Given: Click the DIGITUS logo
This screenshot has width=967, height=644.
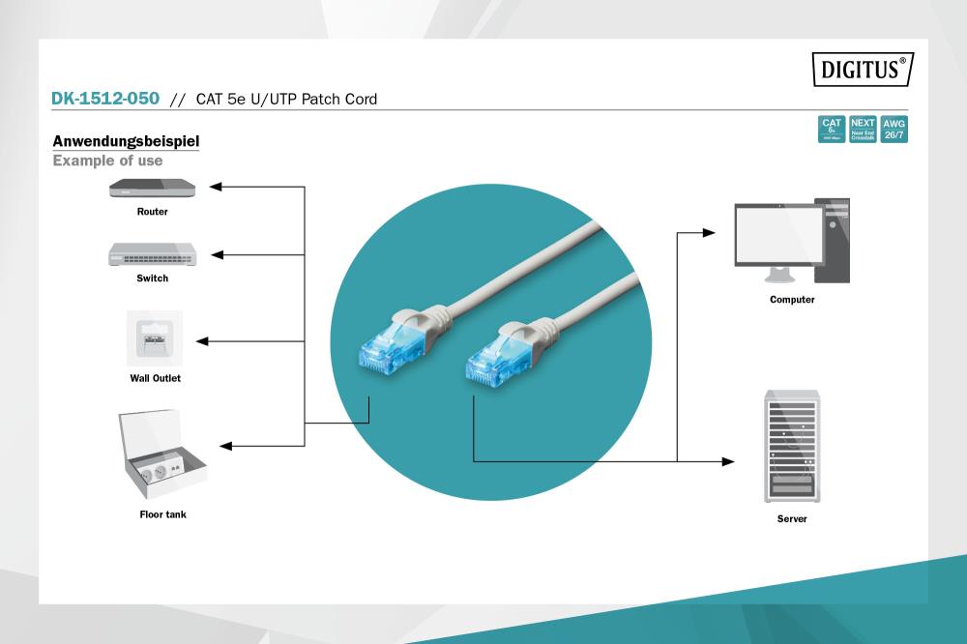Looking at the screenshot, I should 863,70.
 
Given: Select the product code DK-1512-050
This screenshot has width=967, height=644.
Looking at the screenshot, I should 106,99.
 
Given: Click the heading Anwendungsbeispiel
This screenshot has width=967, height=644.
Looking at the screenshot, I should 126,141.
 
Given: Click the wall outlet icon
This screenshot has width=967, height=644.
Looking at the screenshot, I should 155,338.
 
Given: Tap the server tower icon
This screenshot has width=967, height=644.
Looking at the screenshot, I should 792,446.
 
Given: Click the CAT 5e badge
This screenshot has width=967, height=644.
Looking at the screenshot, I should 832,130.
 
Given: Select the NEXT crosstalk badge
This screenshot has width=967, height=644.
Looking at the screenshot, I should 863,130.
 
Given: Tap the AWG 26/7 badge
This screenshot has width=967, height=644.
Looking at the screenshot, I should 894,130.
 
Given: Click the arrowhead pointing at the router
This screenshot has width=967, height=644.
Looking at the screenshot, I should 217,187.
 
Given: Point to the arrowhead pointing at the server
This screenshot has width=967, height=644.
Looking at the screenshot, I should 728,461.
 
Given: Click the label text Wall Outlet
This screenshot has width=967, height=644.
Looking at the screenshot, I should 155,378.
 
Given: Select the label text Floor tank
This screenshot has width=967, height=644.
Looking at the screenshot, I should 162,514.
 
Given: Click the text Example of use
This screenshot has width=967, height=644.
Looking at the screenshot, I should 107,161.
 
